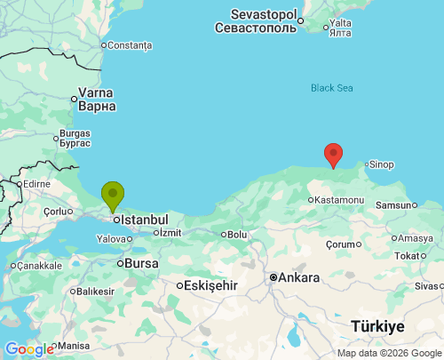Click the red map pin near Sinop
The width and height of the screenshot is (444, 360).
(333, 155)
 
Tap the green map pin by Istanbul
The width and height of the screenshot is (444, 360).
(113, 195)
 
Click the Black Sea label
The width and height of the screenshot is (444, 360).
(332, 87)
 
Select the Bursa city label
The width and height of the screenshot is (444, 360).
(143, 263)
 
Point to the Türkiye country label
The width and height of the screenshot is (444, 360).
(377, 326)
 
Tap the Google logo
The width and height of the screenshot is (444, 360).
(29, 349)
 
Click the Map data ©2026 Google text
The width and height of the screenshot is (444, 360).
(387, 353)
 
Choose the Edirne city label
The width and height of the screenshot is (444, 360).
(36, 184)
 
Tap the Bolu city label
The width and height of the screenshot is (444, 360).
(237, 235)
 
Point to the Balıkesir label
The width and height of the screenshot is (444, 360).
(96, 291)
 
